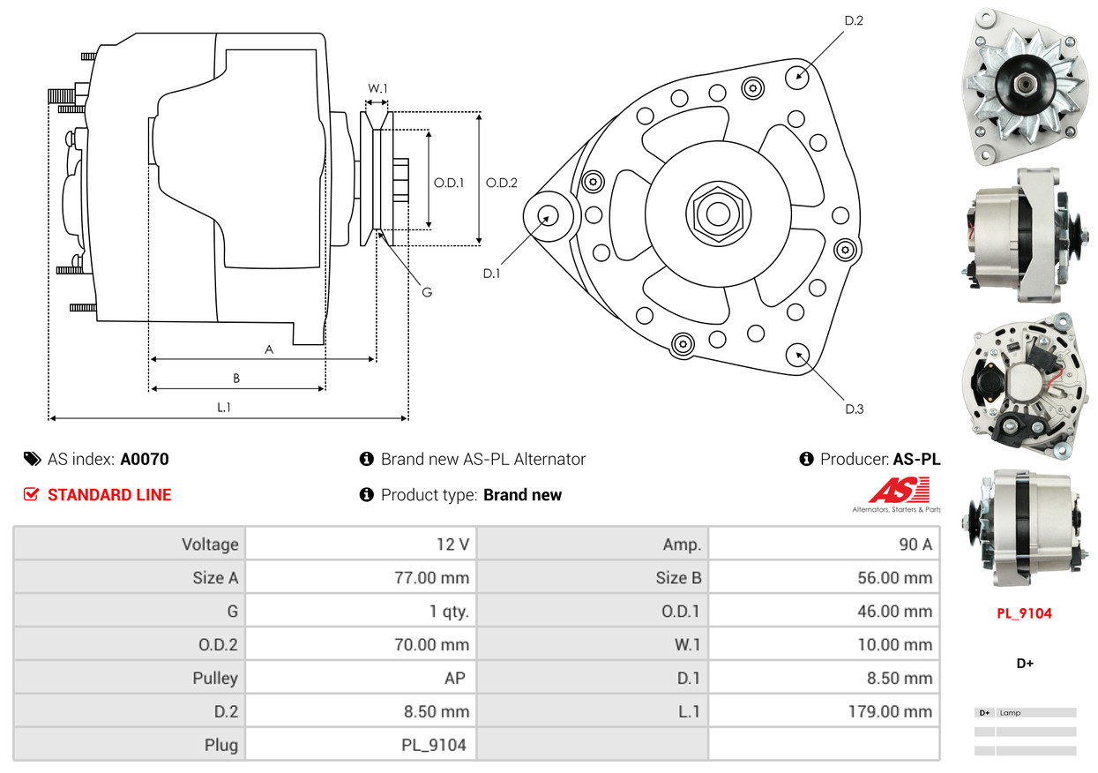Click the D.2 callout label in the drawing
point(853,20)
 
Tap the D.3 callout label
point(854,409)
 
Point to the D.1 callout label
point(491,274)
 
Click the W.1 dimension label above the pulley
point(377,88)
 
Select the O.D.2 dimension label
point(501,183)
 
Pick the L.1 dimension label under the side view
point(225,407)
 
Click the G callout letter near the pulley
point(426,291)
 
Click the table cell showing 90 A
point(825,544)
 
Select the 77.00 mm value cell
point(362,578)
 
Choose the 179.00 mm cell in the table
point(825,711)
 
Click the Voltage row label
point(130,544)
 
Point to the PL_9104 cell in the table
point(362,745)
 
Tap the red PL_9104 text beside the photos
point(1024,613)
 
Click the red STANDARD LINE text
point(109,495)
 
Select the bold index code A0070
point(145,459)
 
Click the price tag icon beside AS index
point(32,459)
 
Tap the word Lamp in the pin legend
point(1011,712)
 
